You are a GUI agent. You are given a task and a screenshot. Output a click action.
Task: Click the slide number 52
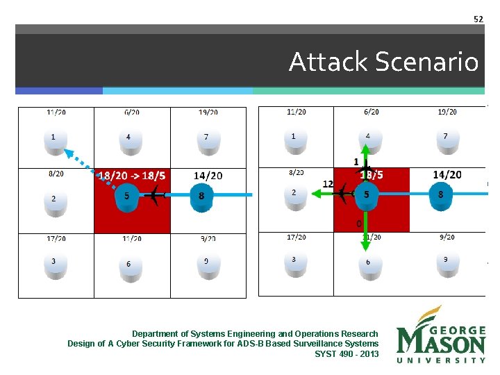[x=478, y=19]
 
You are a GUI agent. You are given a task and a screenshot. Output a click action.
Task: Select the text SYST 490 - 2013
[x=347, y=354]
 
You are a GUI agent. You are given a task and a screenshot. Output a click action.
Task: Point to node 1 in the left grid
[x=53, y=138]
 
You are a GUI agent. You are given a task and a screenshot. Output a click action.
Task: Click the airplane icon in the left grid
[x=151, y=197]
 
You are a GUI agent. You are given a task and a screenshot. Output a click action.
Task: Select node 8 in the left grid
[x=201, y=197]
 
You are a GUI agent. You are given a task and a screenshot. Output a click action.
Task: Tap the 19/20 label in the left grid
[x=208, y=112]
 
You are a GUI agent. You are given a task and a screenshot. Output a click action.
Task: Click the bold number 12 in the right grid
[x=328, y=184]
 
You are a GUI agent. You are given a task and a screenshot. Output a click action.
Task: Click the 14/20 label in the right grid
[x=447, y=175]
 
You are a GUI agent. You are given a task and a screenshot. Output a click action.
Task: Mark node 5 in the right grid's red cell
[x=367, y=196]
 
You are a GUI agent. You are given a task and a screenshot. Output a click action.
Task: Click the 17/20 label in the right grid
[x=296, y=237]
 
